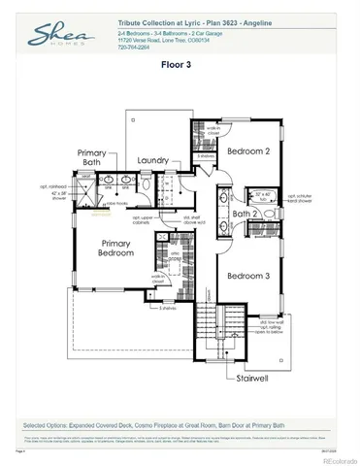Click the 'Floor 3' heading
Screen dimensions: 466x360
click(x=180, y=67)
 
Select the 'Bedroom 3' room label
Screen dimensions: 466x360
click(x=247, y=276)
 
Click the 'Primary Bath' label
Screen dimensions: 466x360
click(x=95, y=157)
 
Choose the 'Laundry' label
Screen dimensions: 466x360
click(x=154, y=159)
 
